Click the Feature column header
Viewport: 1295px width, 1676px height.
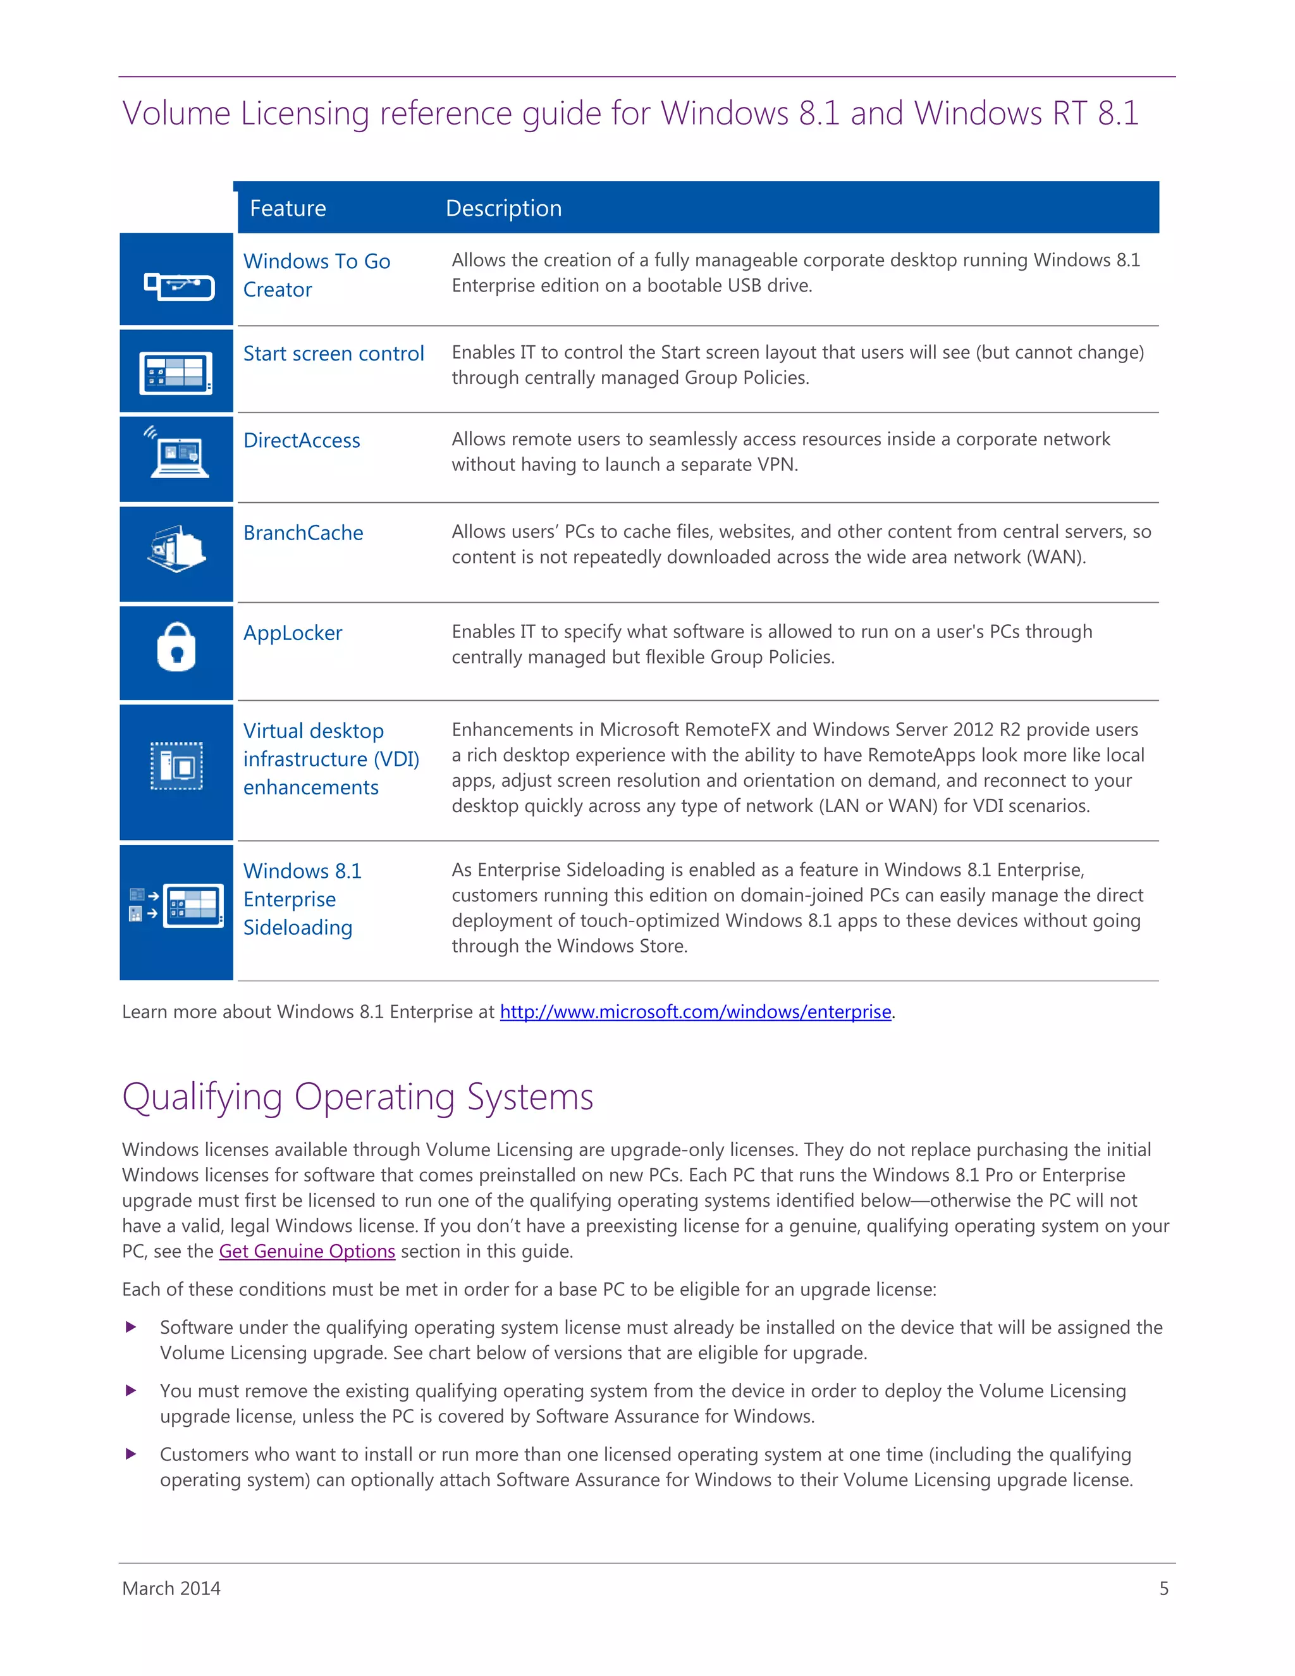point(288,208)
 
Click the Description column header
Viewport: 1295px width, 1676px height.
point(503,208)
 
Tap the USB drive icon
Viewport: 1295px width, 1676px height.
point(179,287)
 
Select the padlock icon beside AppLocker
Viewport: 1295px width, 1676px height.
point(176,647)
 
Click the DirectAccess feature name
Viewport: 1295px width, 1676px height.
point(302,440)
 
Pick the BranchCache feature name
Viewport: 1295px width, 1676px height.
point(303,533)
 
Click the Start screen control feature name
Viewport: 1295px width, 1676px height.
point(333,354)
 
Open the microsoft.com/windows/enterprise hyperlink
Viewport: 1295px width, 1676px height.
point(695,1011)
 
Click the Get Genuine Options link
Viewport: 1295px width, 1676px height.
point(307,1251)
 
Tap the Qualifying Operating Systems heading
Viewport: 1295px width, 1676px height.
point(357,1096)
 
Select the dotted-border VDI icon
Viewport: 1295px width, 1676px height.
point(176,765)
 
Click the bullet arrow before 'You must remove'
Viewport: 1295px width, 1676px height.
point(131,1391)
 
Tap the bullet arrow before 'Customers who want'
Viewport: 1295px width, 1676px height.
point(131,1454)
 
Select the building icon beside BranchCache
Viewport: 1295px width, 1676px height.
point(176,550)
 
